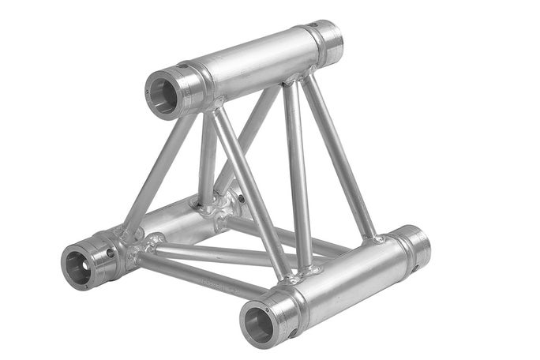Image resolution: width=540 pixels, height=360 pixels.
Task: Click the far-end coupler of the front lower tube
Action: (x=412, y=247)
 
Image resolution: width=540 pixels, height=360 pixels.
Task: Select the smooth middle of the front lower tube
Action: (x=347, y=280)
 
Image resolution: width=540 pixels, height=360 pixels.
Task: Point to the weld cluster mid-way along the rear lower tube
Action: (x=213, y=207)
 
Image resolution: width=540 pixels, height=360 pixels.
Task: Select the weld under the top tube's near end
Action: (x=212, y=107)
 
